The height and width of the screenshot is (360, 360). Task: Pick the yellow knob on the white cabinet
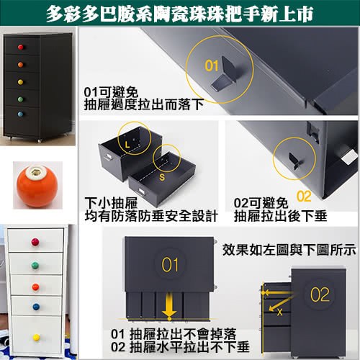[x=36, y=336]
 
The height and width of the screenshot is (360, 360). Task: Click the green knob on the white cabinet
[x=36, y=264]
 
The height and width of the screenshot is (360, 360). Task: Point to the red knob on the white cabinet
[x=36, y=242]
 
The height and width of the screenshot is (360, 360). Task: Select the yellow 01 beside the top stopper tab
[x=211, y=65]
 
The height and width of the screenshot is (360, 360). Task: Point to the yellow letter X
[x=279, y=311]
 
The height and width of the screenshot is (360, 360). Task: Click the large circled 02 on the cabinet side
[x=319, y=294]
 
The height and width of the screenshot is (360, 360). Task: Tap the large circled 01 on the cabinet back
[x=170, y=264]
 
